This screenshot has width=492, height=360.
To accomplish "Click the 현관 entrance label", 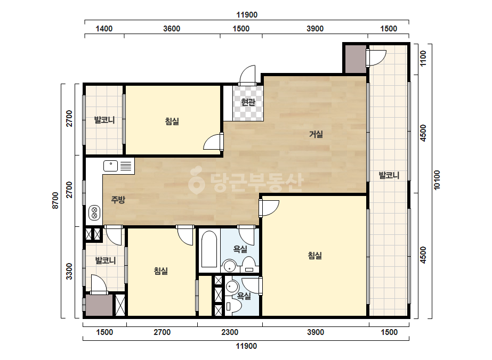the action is tap(248, 102).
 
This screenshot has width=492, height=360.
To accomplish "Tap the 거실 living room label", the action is tap(316, 134).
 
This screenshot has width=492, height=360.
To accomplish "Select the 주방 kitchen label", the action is tap(118, 200).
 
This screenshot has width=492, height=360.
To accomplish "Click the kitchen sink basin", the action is tap(110, 166).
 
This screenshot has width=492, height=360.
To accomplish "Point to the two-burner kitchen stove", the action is tap(94, 212).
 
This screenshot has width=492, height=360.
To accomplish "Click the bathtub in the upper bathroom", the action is tap(209, 249).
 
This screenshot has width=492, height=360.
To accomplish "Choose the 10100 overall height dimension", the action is tap(437, 180).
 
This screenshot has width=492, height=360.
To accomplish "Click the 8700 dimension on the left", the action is tap(55, 201).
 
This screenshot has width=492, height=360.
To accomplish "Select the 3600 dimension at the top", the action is tap(172, 29).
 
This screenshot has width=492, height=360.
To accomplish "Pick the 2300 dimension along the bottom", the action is tap(230, 332).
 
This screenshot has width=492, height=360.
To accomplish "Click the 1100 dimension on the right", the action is tap(423, 59).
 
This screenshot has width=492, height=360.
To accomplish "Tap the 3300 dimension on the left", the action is tap(69, 271).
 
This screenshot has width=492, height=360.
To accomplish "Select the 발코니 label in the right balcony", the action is tap(389, 175).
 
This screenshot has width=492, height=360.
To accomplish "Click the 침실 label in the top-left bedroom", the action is tap(172, 121).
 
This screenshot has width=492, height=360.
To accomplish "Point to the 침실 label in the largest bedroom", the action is tap(315, 256).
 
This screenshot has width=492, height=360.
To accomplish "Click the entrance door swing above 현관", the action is tap(248, 75).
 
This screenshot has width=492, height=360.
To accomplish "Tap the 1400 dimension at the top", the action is tap(104, 29).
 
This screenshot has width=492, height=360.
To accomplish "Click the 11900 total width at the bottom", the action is tap(246, 346).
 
